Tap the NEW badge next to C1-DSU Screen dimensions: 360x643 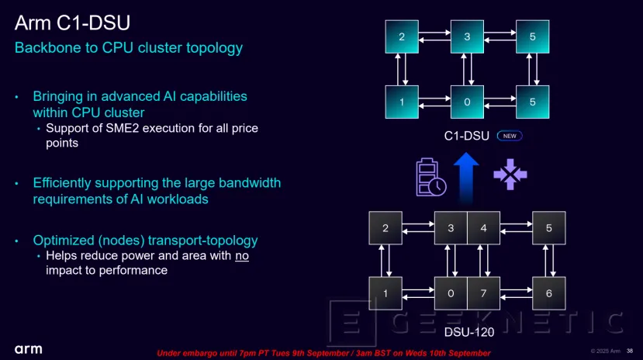(x=510, y=136)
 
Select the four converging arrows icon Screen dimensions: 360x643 (x=510, y=174)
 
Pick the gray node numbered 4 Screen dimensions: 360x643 (x=483, y=227)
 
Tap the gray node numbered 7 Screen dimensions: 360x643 (x=483, y=292)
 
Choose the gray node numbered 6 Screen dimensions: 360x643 (x=548, y=292)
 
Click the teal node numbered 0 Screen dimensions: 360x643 (x=466, y=102)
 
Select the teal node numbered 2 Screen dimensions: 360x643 (x=402, y=36)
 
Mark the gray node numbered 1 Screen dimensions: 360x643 (x=385, y=292)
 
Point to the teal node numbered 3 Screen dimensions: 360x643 (x=466, y=36)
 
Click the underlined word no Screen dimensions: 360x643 (x=242, y=255)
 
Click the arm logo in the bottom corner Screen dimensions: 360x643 (x=28, y=348)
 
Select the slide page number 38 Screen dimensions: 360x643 (x=629, y=350)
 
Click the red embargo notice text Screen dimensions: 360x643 (x=323, y=353)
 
